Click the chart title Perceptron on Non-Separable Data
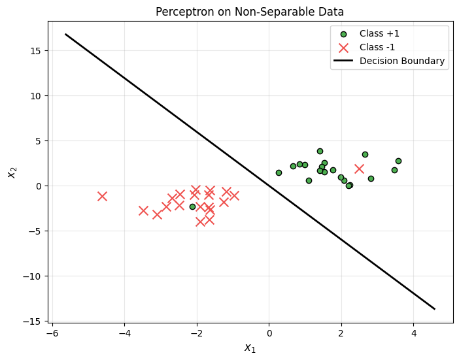[x=249, y=11]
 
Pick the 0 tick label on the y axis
[x=37, y=186]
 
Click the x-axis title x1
[x=250, y=348]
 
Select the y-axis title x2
[x=11, y=171]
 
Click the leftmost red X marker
[x=102, y=196]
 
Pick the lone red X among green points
[x=359, y=169]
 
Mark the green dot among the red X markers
[x=192, y=206]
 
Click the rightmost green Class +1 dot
[x=398, y=161]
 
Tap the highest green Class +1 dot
[x=320, y=151]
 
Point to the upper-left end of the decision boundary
[x=65, y=34]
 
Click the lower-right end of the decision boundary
[x=434, y=309]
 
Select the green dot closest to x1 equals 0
[x=279, y=172]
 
